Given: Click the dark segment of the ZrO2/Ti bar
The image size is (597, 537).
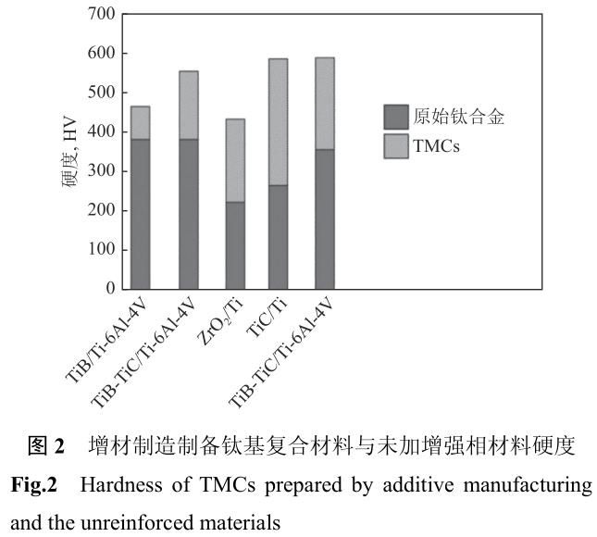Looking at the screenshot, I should [234, 245].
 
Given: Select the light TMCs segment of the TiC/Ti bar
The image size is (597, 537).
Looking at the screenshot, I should [278, 122].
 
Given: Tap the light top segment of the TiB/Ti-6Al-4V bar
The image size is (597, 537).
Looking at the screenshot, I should [141, 122].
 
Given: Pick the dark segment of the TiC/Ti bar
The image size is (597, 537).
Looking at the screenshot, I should [278, 237].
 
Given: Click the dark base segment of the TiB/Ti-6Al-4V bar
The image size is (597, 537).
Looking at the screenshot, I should [141, 214].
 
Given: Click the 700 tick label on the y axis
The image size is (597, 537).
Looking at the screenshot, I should [99, 15].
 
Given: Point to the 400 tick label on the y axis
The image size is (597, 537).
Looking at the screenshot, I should [99, 132].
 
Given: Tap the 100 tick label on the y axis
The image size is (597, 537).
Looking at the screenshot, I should [99, 250].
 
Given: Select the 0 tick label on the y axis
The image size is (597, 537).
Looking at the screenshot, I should [108, 289].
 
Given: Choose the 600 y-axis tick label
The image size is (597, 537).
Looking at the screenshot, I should [99, 54].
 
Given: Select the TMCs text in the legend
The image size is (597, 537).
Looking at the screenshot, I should [438, 145].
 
